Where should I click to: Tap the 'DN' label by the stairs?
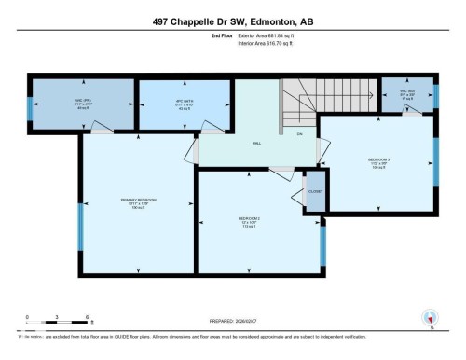[x=300, y=133]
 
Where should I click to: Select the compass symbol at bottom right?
[x=430, y=317]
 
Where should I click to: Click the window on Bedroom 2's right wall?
[x=322, y=242]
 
